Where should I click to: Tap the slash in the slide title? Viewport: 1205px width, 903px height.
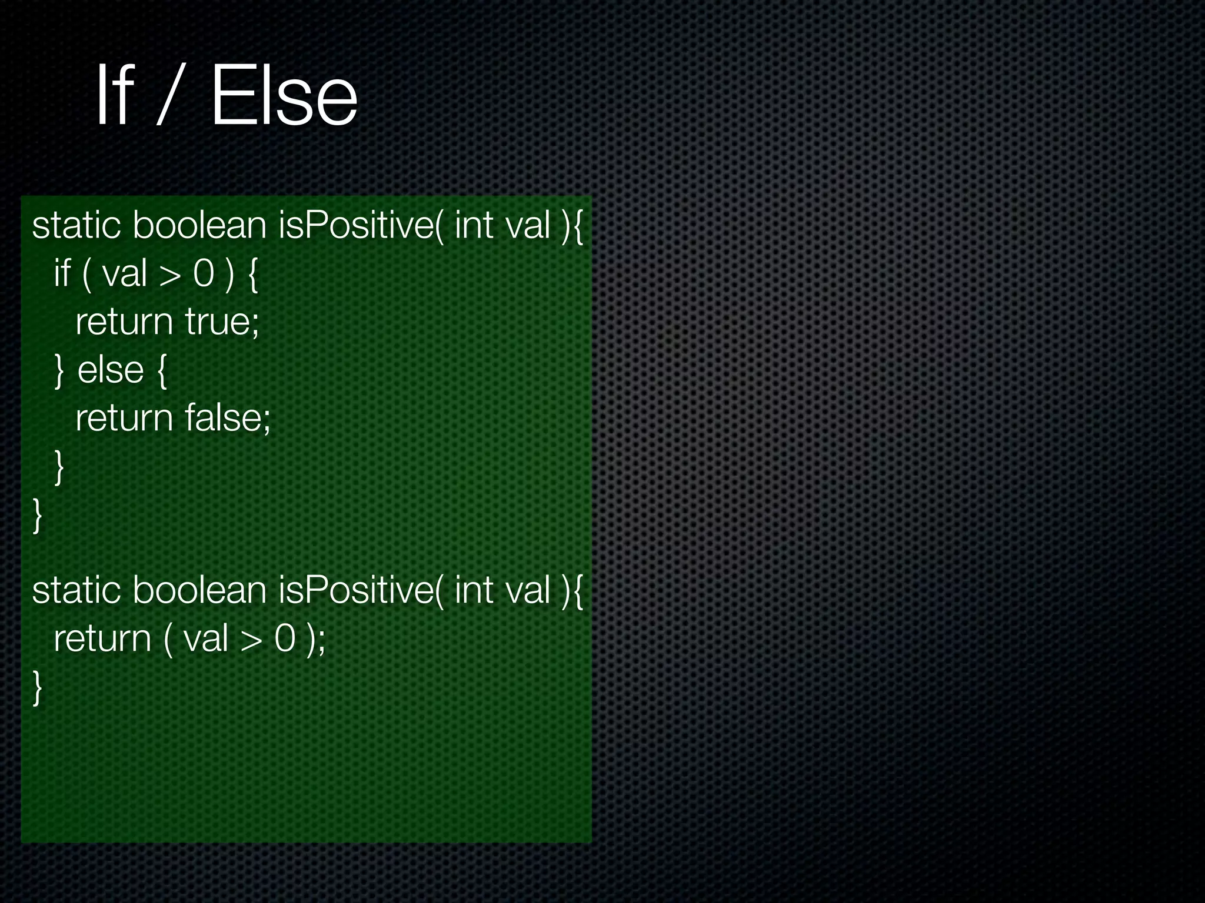pos(167,94)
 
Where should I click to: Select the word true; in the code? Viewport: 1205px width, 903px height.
pos(222,322)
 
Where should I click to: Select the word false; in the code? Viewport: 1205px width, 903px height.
pos(228,418)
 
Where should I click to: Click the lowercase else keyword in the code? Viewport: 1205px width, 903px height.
pos(111,370)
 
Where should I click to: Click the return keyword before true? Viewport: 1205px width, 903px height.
pos(124,322)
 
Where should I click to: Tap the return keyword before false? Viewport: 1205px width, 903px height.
pos(124,418)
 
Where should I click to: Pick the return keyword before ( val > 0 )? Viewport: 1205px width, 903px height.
pos(102,638)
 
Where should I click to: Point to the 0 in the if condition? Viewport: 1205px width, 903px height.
pos(204,273)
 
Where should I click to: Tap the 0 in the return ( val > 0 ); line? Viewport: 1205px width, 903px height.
pos(285,639)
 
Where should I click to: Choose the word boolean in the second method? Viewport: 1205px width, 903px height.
pos(199,590)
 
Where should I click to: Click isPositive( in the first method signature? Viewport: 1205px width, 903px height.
pos(361,225)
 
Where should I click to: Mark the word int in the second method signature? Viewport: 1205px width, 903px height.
pos(474,590)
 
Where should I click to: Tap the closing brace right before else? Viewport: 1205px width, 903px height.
pos(59,371)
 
